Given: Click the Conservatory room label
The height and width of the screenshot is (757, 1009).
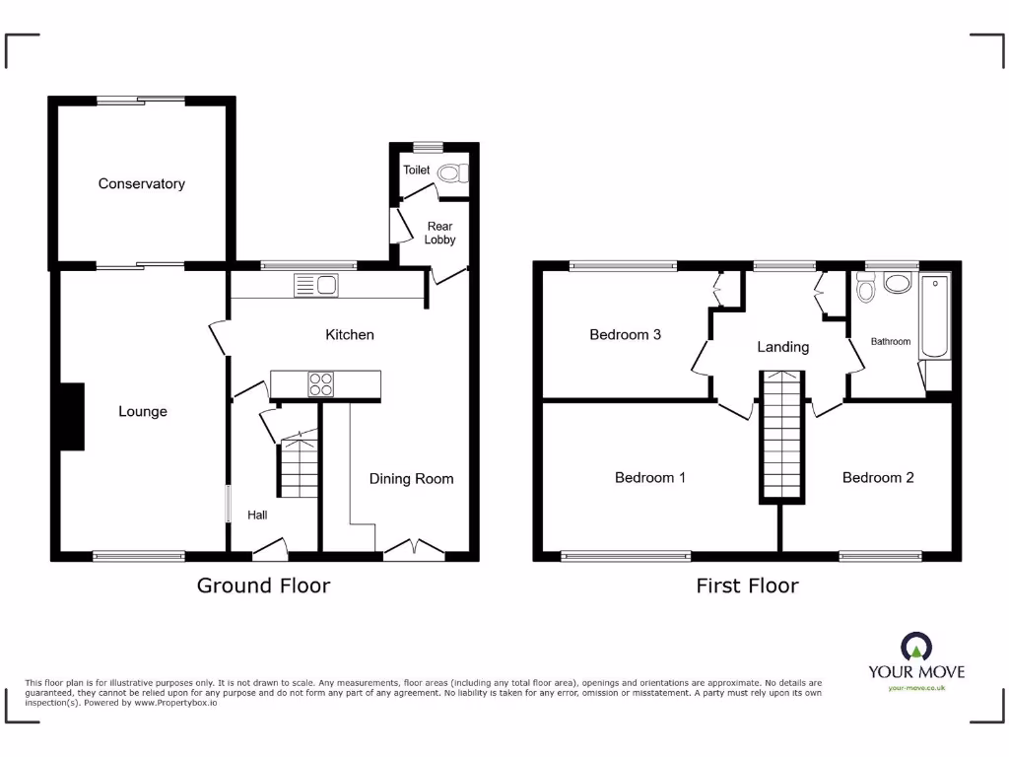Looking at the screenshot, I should pos(141,183).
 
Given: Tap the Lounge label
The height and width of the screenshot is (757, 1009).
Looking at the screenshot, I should pos(143,411).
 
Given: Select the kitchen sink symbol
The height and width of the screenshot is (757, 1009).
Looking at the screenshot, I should pos(315,286).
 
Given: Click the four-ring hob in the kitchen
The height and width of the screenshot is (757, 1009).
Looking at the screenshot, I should pos(320,383).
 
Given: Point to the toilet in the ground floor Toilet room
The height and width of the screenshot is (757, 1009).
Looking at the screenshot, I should pos(452,173).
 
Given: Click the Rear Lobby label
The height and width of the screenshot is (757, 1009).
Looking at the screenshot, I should pos(439,233).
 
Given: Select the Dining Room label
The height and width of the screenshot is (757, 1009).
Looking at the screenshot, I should pos(411,479).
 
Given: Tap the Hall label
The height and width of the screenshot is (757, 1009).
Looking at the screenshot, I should pos(257,515).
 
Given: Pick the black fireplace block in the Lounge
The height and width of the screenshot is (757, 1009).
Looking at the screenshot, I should pos(72,417).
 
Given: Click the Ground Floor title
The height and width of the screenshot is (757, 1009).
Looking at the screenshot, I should pos(263,585).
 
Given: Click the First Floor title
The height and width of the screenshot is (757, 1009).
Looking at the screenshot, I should pos(747,585).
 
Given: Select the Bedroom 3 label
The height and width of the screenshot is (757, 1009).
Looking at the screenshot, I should pos(625,334).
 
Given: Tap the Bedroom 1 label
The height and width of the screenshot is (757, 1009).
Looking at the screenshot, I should pos(649,477).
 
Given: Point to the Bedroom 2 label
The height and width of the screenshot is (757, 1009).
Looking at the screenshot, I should pos(877,477).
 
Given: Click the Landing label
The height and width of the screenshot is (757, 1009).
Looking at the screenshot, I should pos(782,346).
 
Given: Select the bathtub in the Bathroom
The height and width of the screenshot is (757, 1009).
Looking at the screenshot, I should pos(934,317).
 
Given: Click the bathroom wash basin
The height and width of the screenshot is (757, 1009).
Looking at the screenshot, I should pos(898,284).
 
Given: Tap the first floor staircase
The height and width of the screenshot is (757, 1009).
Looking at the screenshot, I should pos(781,436).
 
